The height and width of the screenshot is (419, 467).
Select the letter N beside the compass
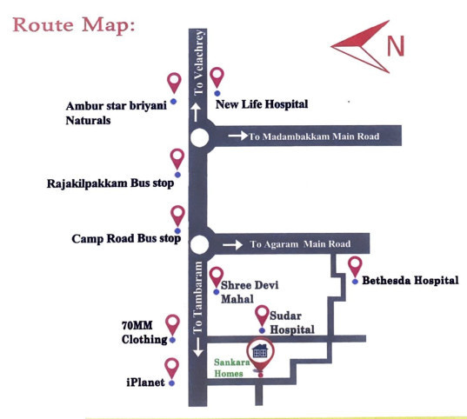pos(396,45)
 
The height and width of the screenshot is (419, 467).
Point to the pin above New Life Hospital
pos(217,78)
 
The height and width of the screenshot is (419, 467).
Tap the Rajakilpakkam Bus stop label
pos(110,183)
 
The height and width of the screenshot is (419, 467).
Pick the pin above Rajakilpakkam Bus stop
pos(177,159)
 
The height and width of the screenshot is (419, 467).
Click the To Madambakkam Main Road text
pos(314,136)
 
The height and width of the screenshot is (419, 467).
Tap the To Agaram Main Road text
pos(300,244)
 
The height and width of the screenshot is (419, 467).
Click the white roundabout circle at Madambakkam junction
pos(200,137)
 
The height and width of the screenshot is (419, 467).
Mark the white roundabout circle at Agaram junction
pos(200,245)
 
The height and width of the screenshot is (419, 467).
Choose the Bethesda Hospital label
pos(409,281)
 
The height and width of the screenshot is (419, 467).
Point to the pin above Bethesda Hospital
pos(355,266)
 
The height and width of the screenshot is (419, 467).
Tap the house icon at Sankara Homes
pos(259,354)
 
